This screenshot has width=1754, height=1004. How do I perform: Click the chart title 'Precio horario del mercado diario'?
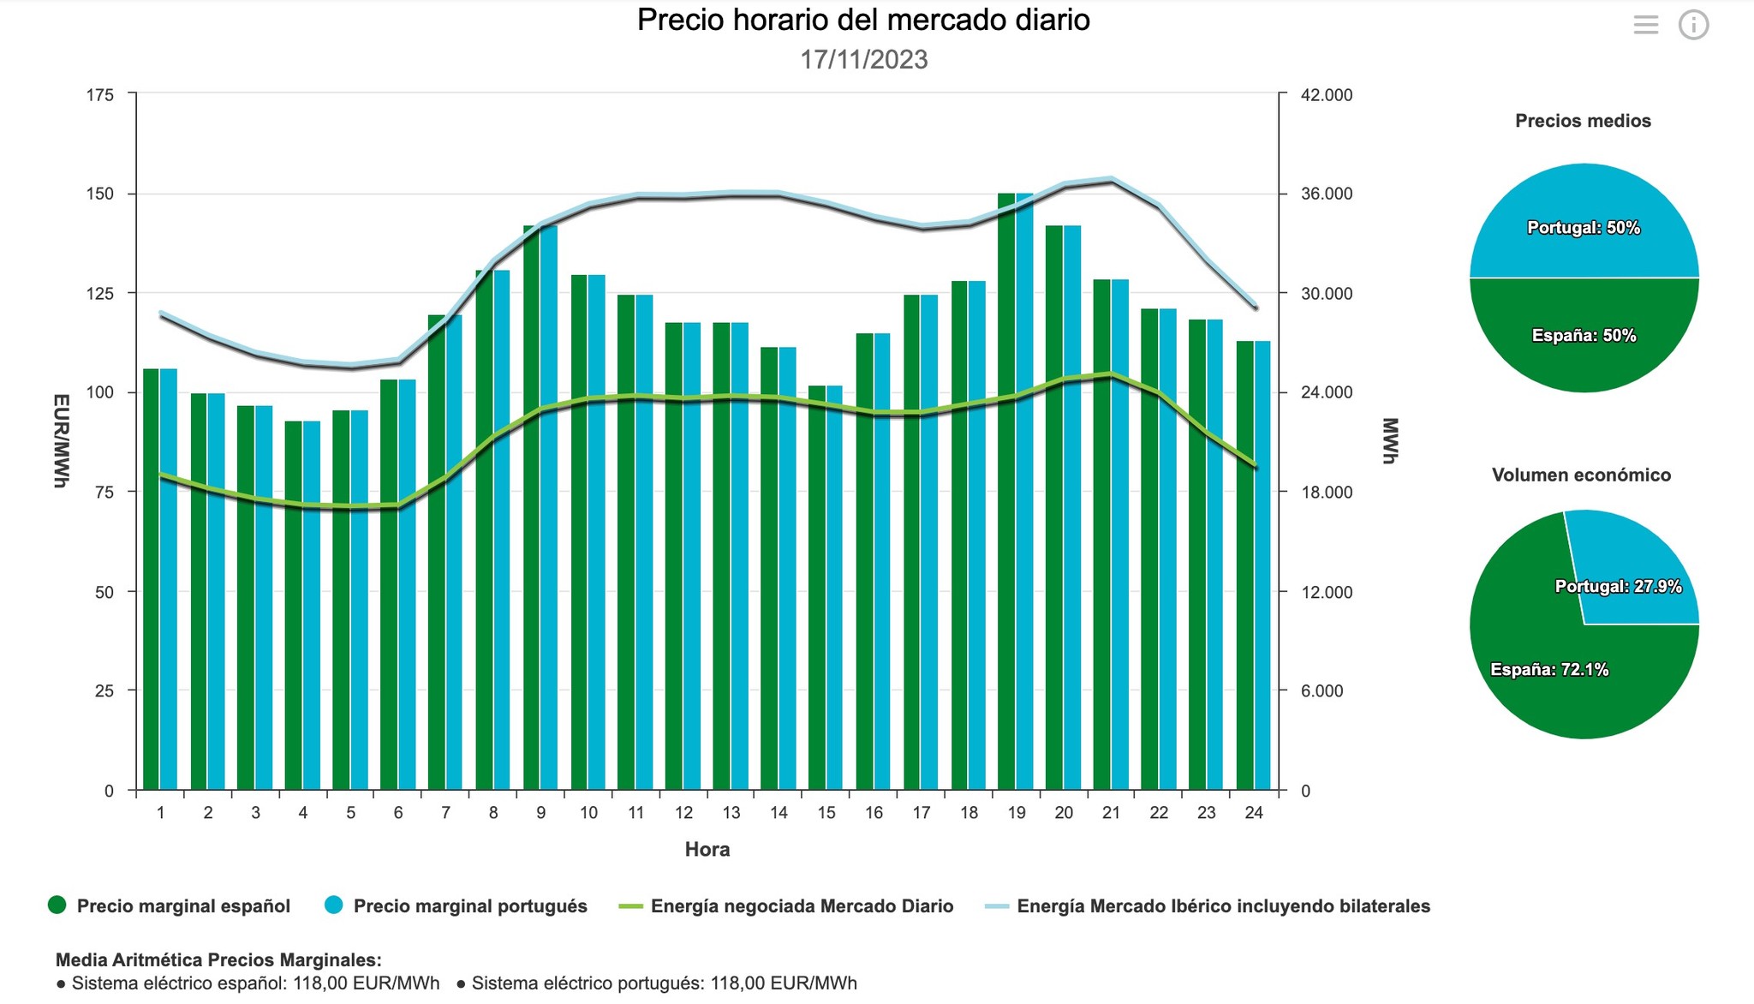coord(863,21)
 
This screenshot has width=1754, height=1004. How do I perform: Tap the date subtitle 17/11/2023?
coord(863,60)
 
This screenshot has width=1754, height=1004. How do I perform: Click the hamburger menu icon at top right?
coord(1645,25)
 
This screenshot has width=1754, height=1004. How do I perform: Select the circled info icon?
coord(1693,25)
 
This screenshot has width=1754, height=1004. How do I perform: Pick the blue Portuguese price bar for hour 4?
coord(312,604)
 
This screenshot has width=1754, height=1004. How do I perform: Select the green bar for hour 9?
coord(532,505)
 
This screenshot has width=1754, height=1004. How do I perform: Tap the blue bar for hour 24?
coord(1262,565)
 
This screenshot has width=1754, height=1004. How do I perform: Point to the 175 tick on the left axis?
coord(100,95)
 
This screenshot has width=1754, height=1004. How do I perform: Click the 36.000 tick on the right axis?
coord(1327,194)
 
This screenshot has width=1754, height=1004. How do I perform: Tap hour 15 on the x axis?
coord(826,813)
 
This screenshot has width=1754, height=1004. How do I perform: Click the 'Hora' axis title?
coord(707,850)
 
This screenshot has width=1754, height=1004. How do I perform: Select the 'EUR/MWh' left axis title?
coord(61,441)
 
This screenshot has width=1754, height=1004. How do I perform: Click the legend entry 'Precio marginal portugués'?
coord(470,906)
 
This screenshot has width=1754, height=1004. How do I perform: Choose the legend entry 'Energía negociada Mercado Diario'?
coord(802,906)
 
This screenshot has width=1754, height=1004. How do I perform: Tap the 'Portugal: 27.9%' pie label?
coord(1618,587)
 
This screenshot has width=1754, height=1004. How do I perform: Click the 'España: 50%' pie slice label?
coord(1584,336)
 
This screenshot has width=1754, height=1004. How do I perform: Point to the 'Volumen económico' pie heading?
coord(1581,475)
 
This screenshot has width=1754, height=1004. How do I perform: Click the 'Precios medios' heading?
coord(1583,121)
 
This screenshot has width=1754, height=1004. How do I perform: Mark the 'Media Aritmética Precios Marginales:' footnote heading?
coord(218,960)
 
